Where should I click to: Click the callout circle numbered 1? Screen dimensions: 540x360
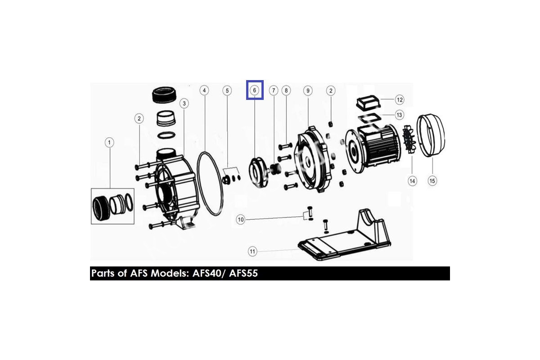109,143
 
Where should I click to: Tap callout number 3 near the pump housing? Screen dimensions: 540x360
184,103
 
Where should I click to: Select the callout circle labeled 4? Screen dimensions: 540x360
204,90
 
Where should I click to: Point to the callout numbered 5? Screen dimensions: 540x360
227,90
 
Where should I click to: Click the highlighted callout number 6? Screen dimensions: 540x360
254,90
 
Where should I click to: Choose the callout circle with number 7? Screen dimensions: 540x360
274,90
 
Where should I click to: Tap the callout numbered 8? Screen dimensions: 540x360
286,90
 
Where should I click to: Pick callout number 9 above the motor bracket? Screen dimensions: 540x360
308,90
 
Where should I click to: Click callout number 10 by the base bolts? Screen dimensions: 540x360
241,220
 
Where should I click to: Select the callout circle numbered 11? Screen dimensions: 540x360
252,252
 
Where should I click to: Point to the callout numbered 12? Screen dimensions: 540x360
400,99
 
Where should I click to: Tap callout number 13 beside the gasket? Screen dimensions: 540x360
399,115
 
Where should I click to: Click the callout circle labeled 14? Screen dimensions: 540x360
412,181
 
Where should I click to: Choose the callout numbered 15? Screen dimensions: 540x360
432,181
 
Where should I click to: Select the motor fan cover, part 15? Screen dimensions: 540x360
431,135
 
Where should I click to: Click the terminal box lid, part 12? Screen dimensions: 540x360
368,102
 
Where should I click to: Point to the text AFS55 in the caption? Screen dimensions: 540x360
243,274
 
